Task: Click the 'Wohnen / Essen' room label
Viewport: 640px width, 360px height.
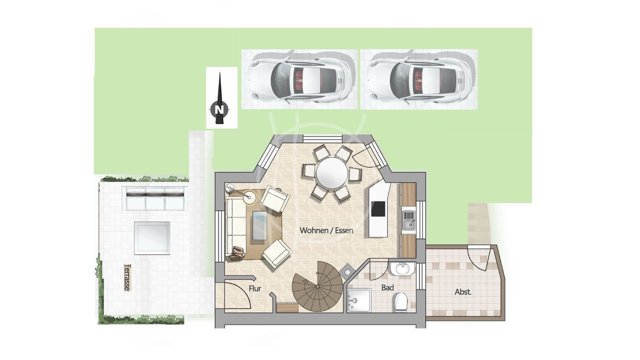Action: tap(326, 230)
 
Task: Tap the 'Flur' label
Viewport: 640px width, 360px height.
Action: tap(255, 288)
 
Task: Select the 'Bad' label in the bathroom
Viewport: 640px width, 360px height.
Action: tap(388, 288)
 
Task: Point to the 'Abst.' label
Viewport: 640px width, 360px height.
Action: tap(463, 292)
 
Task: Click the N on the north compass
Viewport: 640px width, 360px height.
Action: tap(220, 110)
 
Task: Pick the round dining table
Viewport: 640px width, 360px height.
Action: tap(332, 173)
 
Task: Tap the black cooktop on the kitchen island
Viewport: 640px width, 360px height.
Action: tap(378, 209)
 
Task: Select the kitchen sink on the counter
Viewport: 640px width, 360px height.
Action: tap(409, 220)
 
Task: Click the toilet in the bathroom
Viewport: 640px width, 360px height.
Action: tap(402, 302)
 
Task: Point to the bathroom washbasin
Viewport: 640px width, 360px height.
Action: tap(402, 268)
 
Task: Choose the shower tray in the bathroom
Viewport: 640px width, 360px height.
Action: tap(359, 300)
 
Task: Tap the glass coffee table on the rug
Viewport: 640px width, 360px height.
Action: tap(260, 226)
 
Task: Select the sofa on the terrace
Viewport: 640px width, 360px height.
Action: tap(155, 198)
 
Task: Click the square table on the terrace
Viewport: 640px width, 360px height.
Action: tap(152, 238)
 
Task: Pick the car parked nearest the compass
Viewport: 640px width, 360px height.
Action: tap(298, 79)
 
